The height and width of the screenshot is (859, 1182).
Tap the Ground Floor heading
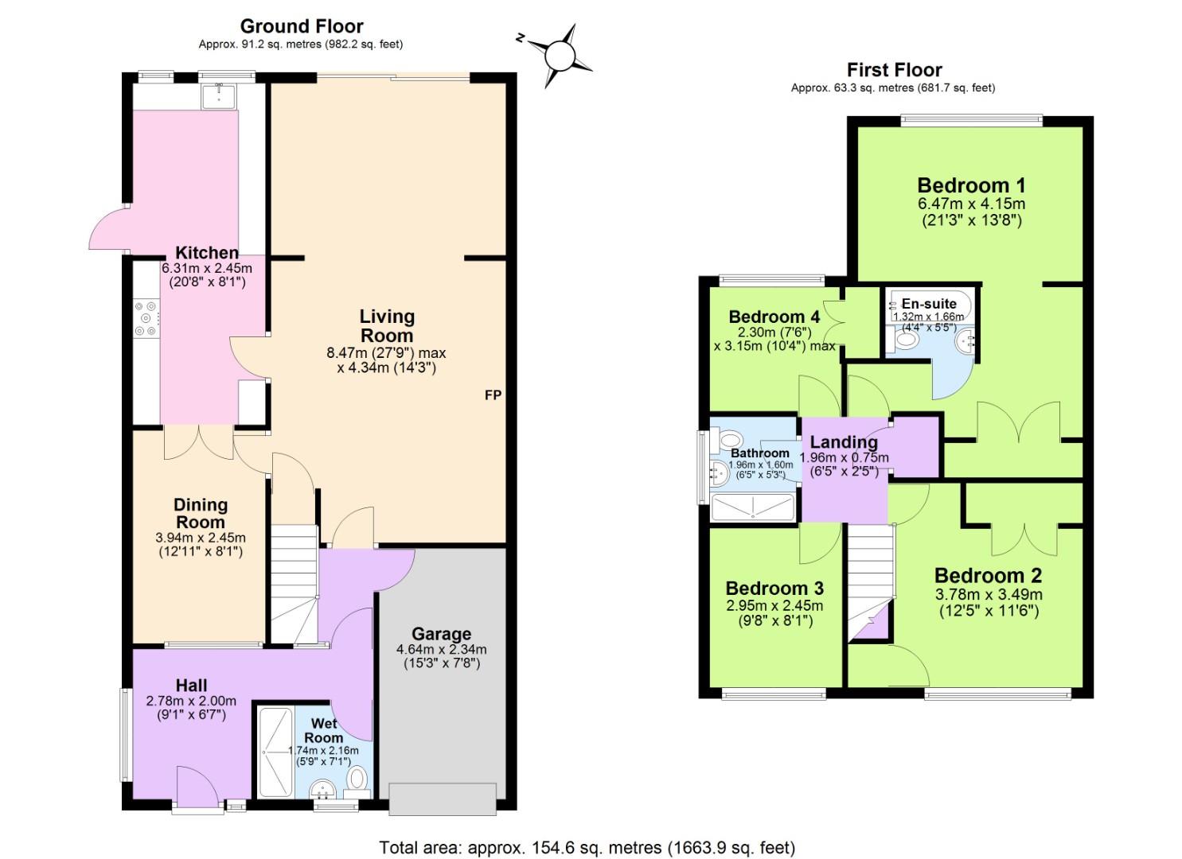tap(302, 26)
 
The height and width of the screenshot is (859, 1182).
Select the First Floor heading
tap(894, 70)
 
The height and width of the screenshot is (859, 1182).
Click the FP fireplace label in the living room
tap(493, 395)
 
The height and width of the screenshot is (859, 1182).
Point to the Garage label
tap(441, 634)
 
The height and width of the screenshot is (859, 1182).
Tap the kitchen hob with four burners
tap(146, 318)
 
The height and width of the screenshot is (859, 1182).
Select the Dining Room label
tap(201, 514)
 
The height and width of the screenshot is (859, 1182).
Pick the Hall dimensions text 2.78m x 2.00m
tap(191, 701)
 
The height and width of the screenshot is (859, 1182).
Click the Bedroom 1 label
tap(971, 185)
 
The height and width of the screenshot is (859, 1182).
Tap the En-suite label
tap(929, 304)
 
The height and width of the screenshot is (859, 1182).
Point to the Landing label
tap(844, 442)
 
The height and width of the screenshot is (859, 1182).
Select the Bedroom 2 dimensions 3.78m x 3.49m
tap(988, 595)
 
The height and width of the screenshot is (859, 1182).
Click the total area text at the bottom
tap(587, 847)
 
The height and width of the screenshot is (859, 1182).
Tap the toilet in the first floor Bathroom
tap(728, 440)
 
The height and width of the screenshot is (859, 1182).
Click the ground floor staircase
tap(295, 585)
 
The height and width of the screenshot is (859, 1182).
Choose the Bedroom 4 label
tap(774, 317)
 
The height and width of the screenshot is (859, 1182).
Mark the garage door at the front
tap(443, 799)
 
